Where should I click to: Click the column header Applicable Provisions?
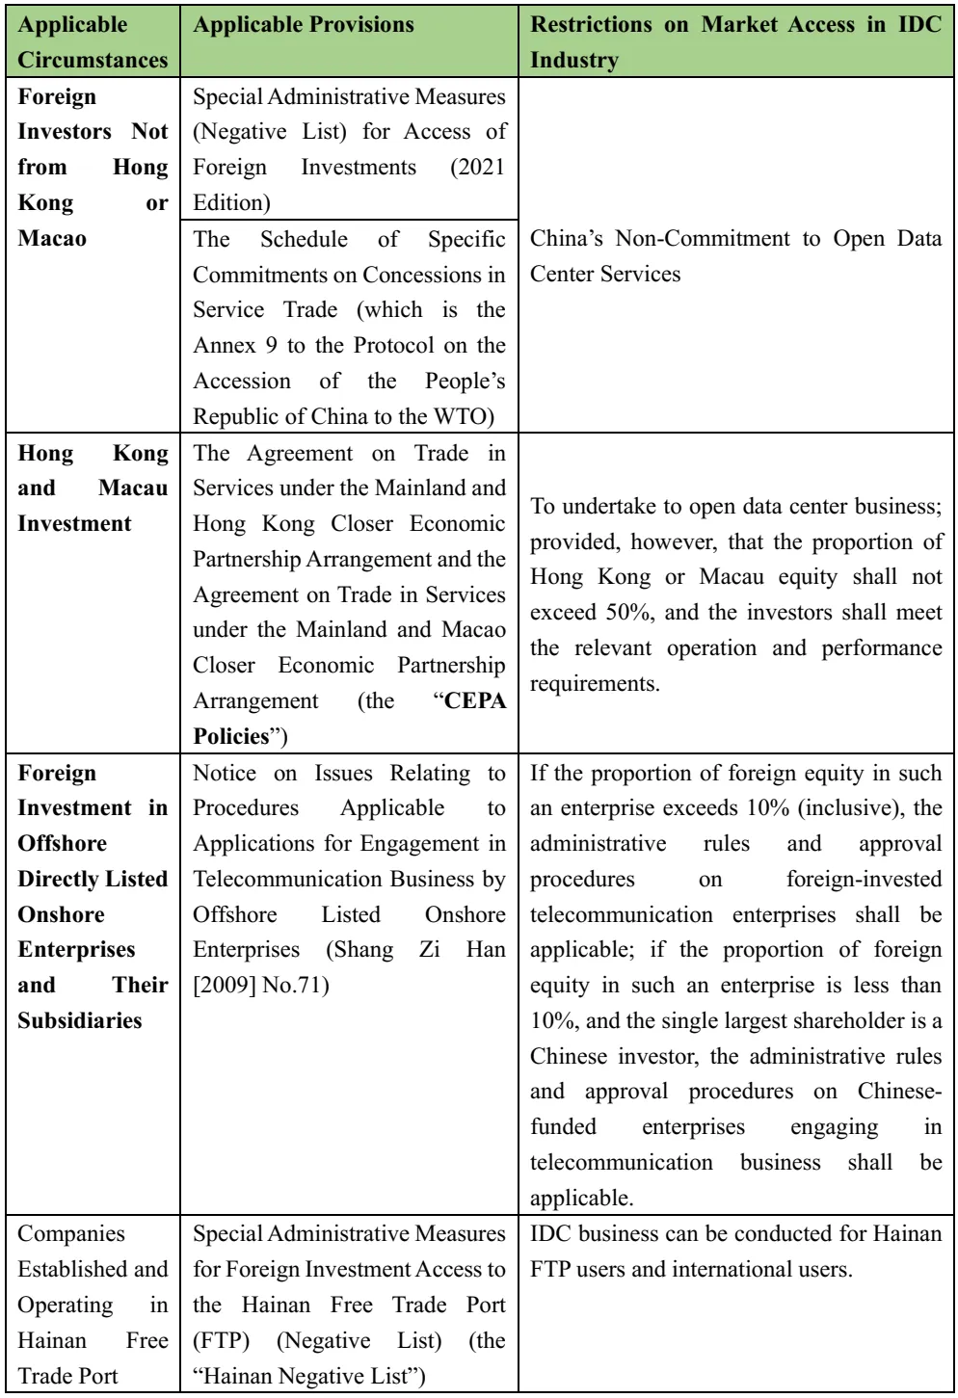304,25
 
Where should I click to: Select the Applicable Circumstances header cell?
93,42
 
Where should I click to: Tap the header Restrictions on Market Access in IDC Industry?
735,42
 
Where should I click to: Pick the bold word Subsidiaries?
79,1020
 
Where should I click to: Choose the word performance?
881,647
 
